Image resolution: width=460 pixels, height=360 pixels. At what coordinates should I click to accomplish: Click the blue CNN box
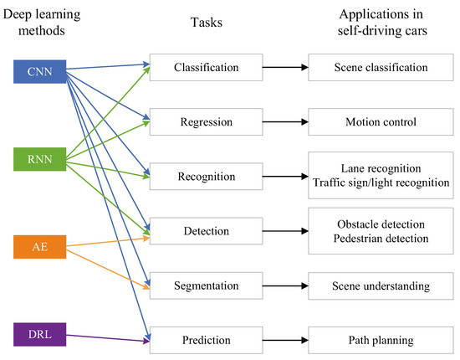pyautogui.click(x=40, y=72)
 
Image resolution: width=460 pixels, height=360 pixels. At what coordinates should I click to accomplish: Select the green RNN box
pyautogui.click(x=40, y=159)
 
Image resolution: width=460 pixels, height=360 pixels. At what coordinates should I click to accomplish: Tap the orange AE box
pyautogui.click(x=40, y=247)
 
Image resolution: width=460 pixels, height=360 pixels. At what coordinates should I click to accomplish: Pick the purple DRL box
pyautogui.click(x=40, y=334)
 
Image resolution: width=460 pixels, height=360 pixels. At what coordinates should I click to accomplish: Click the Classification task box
pyautogui.click(x=207, y=67)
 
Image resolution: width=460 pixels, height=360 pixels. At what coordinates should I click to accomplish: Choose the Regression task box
pyautogui.click(x=207, y=122)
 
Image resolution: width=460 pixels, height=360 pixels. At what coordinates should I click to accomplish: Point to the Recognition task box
pyautogui.click(x=207, y=177)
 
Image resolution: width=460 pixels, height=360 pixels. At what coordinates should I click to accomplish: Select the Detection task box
pyautogui.click(x=207, y=231)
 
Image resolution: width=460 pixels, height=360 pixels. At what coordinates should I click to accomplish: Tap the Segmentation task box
pyautogui.click(x=207, y=285)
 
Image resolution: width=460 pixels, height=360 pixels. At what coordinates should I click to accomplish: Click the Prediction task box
pyautogui.click(x=207, y=341)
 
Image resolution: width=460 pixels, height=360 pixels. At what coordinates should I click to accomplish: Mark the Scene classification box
pyautogui.click(x=381, y=67)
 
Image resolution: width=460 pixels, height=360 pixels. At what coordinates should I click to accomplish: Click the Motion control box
pyautogui.click(x=381, y=122)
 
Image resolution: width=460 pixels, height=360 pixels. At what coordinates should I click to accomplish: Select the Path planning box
pyautogui.click(x=381, y=341)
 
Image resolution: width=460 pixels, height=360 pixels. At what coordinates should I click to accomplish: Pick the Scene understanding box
pyautogui.click(x=381, y=285)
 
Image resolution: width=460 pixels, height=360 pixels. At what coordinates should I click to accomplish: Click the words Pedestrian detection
pyautogui.click(x=381, y=239)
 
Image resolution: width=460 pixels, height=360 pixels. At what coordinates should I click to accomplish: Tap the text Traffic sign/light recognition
pyautogui.click(x=381, y=183)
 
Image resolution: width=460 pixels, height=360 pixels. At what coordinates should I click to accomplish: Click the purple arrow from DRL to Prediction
pyautogui.click(x=108, y=338)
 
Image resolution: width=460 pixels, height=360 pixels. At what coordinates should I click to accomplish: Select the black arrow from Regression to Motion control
pyautogui.click(x=285, y=122)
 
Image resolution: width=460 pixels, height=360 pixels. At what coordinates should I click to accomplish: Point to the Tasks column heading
pyautogui.click(x=207, y=23)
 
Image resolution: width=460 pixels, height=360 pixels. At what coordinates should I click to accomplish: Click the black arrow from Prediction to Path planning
pyautogui.click(x=285, y=341)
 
